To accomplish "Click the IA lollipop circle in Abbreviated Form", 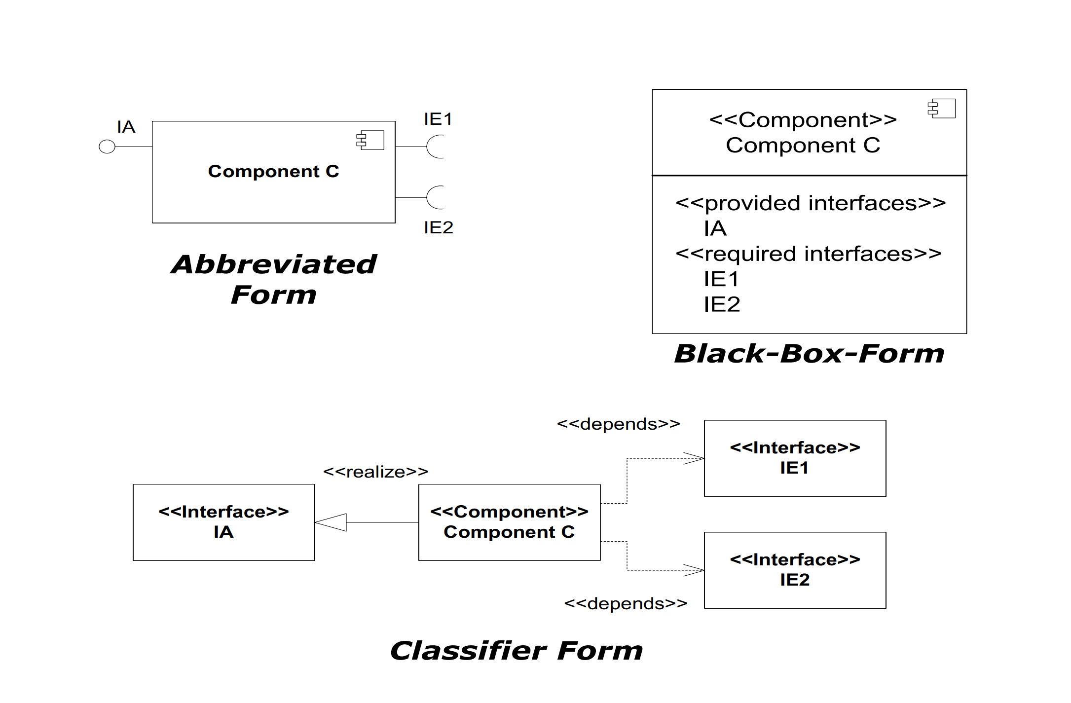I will (x=107, y=147).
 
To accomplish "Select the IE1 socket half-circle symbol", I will (x=435, y=147).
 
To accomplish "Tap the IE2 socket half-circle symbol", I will (x=435, y=197).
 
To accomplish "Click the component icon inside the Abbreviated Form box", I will (x=370, y=140).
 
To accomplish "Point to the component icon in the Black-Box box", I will (x=942, y=109).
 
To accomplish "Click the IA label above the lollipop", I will (x=126, y=127).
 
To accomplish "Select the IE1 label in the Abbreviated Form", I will (x=438, y=119).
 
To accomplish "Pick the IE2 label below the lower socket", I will (x=439, y=227).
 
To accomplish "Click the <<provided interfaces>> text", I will (x=811, y=203).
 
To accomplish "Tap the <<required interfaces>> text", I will (x=809, y=254).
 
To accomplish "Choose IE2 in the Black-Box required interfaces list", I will (x=722, y=304).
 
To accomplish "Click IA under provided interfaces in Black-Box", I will (x=715, y=228).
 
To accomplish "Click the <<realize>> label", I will (x=375, y=472).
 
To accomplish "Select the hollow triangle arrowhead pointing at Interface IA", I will (x=332, y=522).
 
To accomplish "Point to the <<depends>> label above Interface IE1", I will (x=618, y=424).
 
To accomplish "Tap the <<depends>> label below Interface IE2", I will (x=626, y=603).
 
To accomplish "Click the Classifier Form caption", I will (x=517, y=651).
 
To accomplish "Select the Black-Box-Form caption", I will (x=809, y=354).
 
